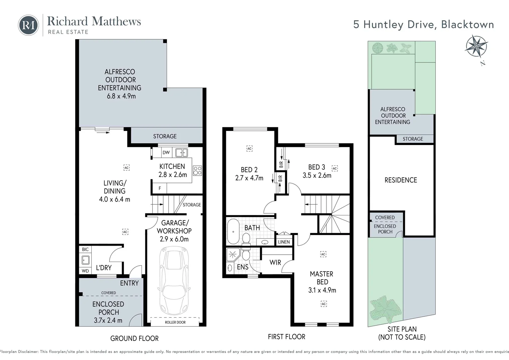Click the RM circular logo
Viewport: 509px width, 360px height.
[28, 25]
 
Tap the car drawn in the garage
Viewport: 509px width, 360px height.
[174, 281]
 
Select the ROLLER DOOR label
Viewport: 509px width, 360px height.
[175, 322]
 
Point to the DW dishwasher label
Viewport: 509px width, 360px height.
[166, 153]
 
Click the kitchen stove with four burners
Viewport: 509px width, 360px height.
[197, 171]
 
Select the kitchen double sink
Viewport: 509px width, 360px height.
[182, 153]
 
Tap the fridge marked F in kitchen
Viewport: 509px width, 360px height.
[160, 188]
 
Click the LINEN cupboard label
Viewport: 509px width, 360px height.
[284, 242]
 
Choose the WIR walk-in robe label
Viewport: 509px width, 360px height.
[275, 263]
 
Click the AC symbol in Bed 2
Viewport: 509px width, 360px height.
[249, 148]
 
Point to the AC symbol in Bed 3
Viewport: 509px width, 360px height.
[335, 168]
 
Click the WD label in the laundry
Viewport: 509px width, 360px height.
[85, 271]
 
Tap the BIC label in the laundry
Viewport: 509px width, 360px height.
[85, 249]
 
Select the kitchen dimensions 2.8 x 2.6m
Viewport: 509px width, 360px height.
[173, 174]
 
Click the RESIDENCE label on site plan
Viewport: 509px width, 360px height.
[401, 180]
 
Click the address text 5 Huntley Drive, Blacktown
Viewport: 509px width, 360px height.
[423, 25]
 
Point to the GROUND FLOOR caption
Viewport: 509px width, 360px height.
[134, 338]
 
